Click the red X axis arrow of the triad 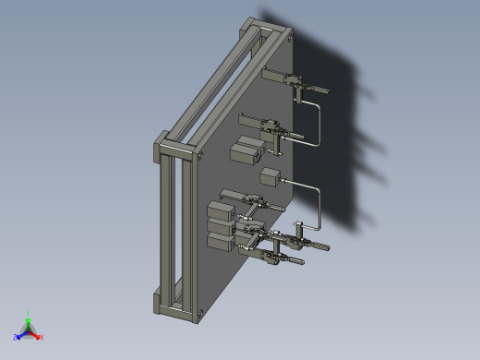click(x=39, y=337)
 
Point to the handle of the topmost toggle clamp click(x=319, y=91)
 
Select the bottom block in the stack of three click(x=222, y=243)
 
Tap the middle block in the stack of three click(x=220, y=227)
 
